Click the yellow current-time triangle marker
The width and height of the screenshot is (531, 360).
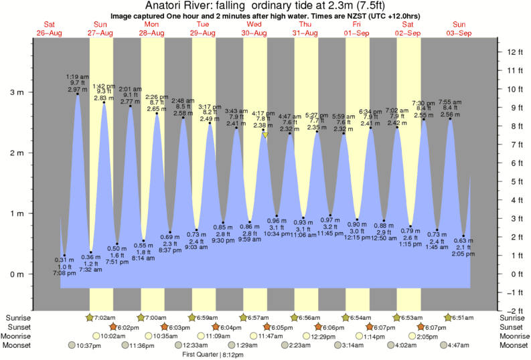[265, 135]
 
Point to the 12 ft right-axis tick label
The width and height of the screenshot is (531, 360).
[513, 52]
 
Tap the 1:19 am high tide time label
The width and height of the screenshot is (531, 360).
[78, 77]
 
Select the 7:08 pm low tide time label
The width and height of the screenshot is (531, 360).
[64, 274]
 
